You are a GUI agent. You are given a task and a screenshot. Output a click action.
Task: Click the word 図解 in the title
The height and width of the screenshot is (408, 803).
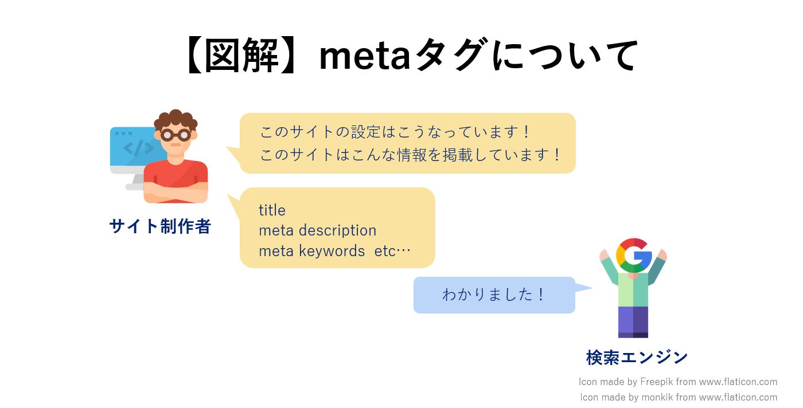pos(241,56)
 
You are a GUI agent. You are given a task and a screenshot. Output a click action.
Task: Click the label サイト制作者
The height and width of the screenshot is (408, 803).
pos(160,226)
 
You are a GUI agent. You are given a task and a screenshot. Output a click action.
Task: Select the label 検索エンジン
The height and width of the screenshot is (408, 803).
pos(637,358)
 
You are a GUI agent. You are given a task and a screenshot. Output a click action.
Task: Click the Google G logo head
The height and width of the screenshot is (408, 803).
pos(634,256)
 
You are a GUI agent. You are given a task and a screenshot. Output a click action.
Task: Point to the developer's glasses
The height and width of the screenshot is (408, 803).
pos(176,135)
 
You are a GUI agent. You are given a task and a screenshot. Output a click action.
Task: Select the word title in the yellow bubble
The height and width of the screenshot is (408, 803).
pos(272,210)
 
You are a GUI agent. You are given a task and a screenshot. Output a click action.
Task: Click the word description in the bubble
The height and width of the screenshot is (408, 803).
pos(337,231)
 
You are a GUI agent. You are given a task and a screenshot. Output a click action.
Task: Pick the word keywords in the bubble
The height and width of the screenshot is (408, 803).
pos(332,251)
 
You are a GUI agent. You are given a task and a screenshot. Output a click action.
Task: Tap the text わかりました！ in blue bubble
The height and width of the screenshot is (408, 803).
pos(494,295)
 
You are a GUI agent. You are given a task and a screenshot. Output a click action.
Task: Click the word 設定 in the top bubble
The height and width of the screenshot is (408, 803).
pos(366,132)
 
